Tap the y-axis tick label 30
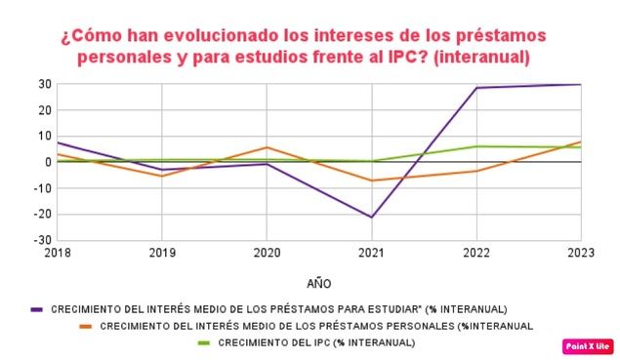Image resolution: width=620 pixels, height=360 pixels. [45, 84]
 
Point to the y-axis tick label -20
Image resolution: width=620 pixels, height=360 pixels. [42, 214]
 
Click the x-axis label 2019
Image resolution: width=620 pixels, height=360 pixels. [161, 252]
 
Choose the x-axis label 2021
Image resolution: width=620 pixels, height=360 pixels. [371, 252]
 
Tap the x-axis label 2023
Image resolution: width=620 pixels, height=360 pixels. [580, 252]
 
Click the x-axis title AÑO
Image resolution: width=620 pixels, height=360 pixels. [318, 284]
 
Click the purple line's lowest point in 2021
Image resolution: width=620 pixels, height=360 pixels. [371, 217]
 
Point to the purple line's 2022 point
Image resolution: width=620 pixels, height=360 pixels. [476, 88]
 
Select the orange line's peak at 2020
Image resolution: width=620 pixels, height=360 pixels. [267, 147]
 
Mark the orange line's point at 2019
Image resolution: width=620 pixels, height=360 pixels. [161, 176]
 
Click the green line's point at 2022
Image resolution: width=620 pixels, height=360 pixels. [476, 146]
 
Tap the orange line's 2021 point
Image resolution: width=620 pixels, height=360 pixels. [371, 180]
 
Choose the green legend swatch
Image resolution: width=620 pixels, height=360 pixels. [204, 342]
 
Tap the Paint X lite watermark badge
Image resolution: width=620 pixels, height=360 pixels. [589, 345]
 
